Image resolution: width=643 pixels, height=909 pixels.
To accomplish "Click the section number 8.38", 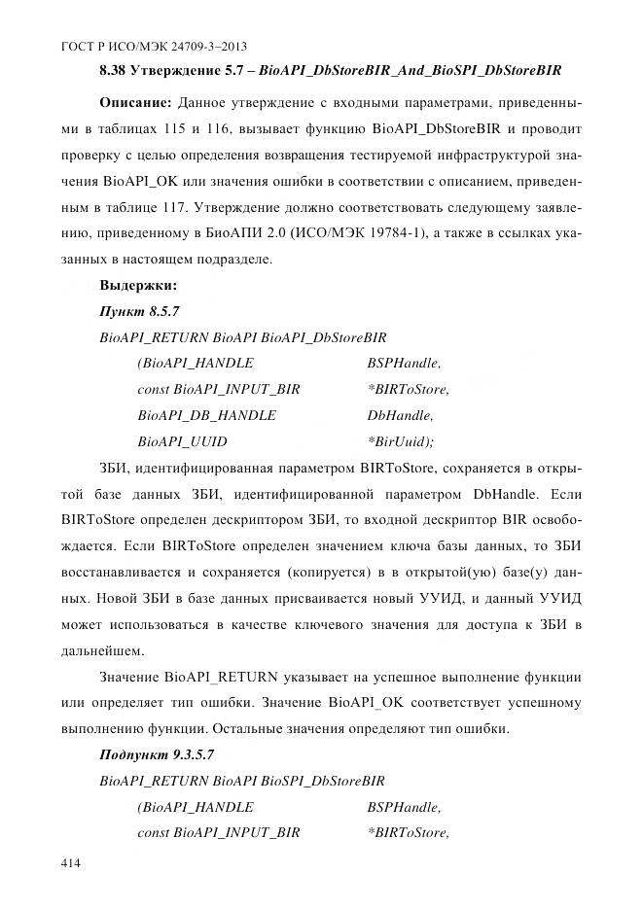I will [116, 70].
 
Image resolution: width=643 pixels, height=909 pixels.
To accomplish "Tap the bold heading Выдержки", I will [137, 286].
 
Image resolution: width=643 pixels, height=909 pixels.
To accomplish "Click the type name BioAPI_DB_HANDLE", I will [206, 415].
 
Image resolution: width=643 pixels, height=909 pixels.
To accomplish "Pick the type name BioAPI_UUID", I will [183, 441].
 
